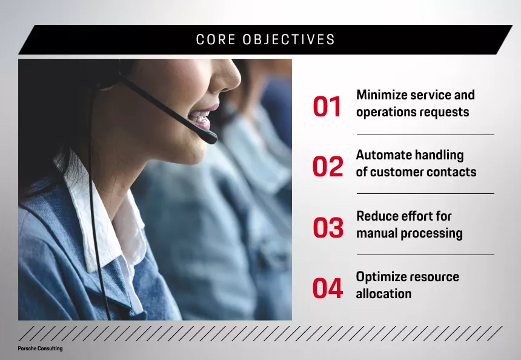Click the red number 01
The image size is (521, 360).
pos(327,107)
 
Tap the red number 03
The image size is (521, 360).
pos(328,228)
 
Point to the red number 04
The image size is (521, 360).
pos(328,288)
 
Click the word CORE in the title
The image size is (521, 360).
pos(215,40)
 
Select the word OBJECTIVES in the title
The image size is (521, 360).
pos(289,40)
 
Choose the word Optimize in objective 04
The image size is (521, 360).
pos(382,277)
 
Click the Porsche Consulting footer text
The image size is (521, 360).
pos(40,348)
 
